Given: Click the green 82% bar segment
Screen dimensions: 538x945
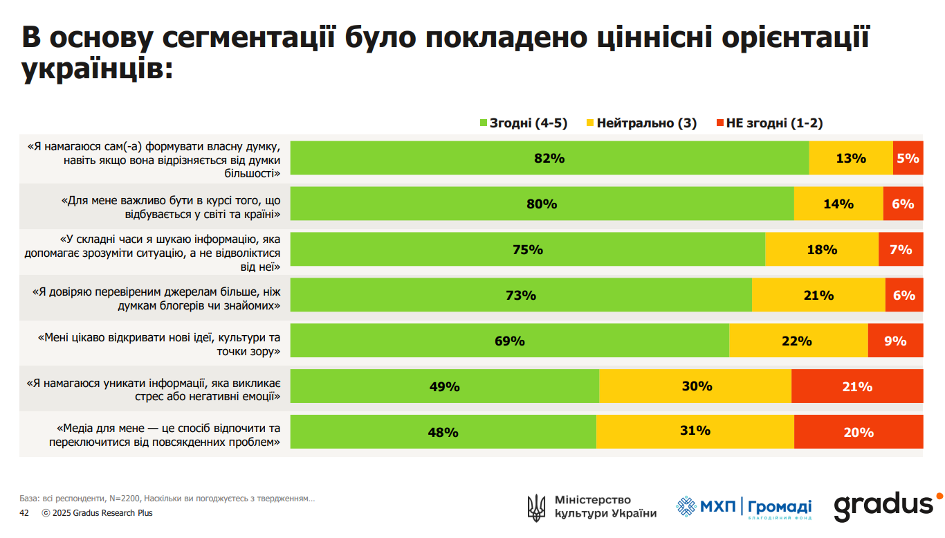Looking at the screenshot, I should click(549, 158).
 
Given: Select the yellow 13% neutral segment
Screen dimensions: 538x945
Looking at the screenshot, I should click(851, 158).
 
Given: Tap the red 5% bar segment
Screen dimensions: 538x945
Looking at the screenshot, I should click(908, 158).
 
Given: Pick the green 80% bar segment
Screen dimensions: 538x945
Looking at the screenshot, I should click(542, 204).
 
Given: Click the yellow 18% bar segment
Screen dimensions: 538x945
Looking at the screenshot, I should click(822, 249).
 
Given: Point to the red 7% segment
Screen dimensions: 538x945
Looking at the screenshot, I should click(901, 249).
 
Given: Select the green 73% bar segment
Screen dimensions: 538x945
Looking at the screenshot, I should click(521, 295).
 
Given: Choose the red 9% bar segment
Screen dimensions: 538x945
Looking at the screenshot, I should click(895, 341).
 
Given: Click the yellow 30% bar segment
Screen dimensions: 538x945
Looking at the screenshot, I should click(695, 386).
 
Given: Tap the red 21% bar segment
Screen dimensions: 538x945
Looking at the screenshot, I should click(857, 386).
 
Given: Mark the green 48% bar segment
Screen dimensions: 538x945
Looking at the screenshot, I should click(443, 432).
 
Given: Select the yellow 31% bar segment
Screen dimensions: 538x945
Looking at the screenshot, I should click(695, 432).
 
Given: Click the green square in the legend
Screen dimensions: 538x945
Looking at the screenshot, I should click(484, 123).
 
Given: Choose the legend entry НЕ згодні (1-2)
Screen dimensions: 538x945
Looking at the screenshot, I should click(773, 123).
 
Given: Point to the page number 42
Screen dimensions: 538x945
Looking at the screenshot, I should click(24, 513).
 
